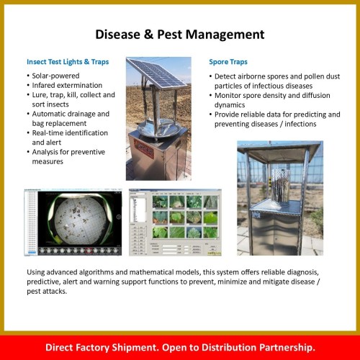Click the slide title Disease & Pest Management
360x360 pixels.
(x=180, y=34)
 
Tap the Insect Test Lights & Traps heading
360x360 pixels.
(x=68, y=62)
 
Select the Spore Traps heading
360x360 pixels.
(x=229, y=62)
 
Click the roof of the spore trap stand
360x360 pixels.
(x=279, y=145)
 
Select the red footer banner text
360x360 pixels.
(x=180, y=346)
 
